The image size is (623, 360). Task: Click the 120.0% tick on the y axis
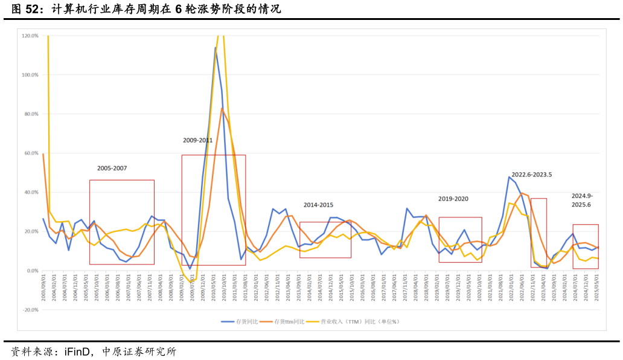(x=30, y=36)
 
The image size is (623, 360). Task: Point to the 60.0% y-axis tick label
(x=31, y=153)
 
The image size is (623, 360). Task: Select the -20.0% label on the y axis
(x=30, y=310)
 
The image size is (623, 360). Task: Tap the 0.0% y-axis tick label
(x=32, y=271)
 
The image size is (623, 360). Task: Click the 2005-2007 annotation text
(x=112, y=169)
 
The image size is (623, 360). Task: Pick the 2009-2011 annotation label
(x=198, y=141)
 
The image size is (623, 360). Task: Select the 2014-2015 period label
(x=318, y=205)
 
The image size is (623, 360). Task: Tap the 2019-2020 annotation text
(x=453, y=199)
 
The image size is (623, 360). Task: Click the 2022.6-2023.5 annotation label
(x=532, y=175)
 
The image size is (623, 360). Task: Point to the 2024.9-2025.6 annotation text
(x=583, y=201)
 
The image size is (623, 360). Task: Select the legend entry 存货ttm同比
(x=292, y=322)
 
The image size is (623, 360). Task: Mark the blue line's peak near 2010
(x=215, y=48)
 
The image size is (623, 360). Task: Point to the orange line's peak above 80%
(x=222, y=109)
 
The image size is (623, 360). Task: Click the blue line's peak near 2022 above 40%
(x=509, y=176)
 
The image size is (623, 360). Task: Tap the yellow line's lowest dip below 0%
(x=191, y=282)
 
